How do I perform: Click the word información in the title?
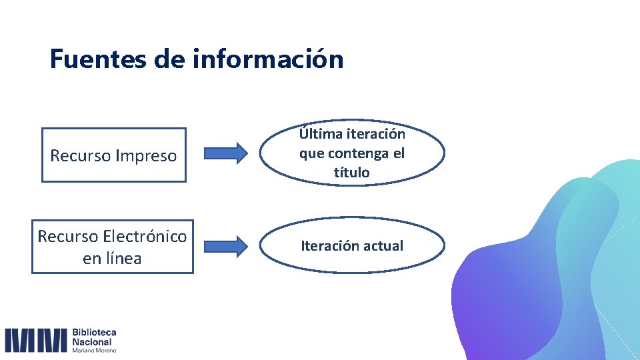[x=268, y=59]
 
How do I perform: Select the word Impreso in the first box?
[x=146, y=156]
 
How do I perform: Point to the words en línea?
[x=112, y=258]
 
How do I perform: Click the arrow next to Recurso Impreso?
[x=224, y=153]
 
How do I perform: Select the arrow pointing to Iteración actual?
[x=224, y=246]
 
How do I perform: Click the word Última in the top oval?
[x=321, y=134]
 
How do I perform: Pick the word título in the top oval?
[x=351, y=173]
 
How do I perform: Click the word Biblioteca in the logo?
[x=94, y=332]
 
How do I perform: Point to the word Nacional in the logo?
[x=91, y=341]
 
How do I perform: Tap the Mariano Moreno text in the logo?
[x=94, y=350]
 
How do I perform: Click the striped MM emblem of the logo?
[x=36, y=340]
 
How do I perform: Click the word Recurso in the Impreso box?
[x=81, y=156]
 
